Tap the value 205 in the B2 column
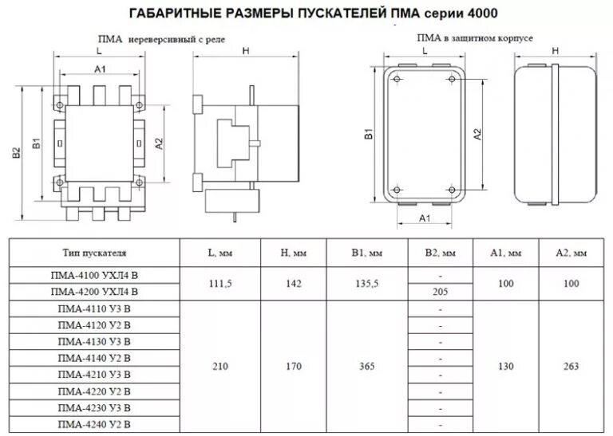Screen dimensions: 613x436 (x=440, y=293)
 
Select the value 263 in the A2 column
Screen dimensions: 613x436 (x=571, y=367)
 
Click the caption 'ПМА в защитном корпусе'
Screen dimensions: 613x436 (x=474, y=37)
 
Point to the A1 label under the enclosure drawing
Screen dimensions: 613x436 (x=425, y=217)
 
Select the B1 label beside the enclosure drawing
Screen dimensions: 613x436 (x=369, y=136)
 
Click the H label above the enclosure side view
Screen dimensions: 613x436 (x=553, y=51)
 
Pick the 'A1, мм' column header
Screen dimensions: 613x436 (x=506, y=253)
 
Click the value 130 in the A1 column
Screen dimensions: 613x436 (x=506, y=367)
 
